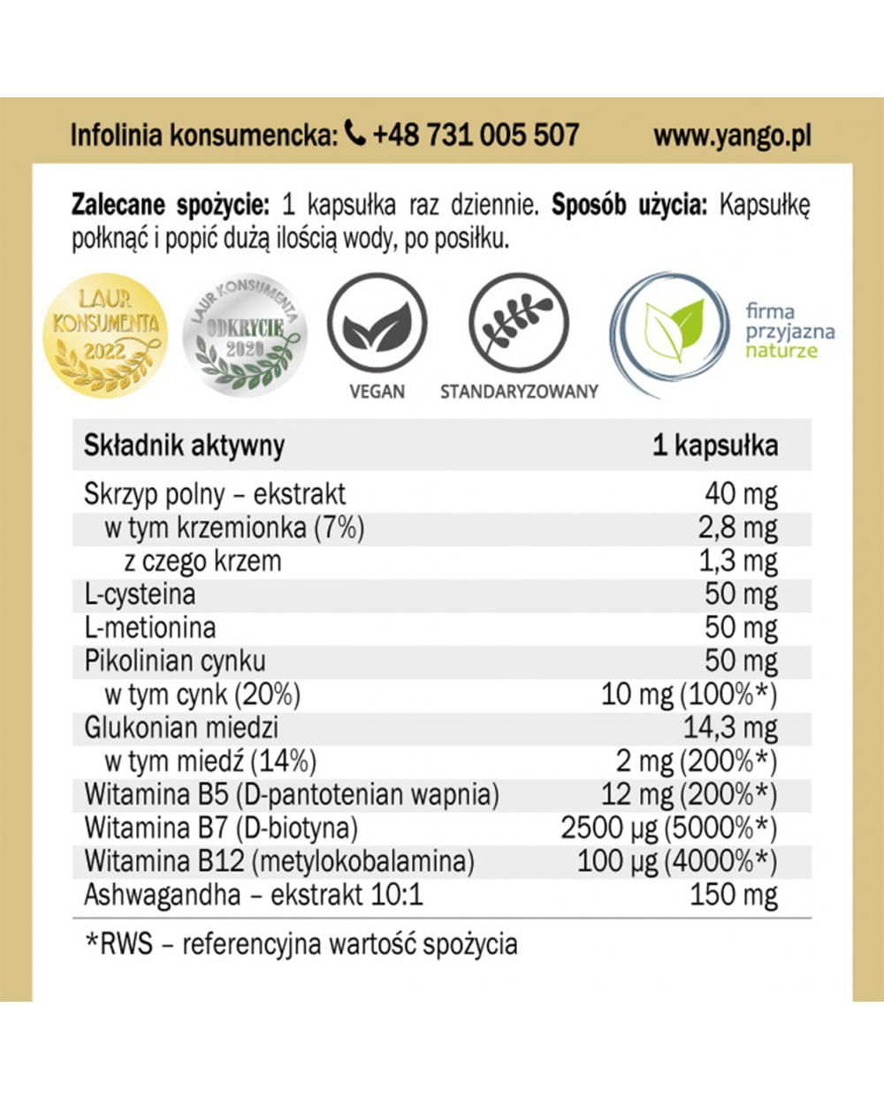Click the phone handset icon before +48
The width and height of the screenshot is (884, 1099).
[354, 134]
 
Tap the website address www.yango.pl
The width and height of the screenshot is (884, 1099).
[732, 135]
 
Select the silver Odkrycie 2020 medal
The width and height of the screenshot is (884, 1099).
[245, 335]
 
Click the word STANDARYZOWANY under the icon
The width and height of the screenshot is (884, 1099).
[519, 391]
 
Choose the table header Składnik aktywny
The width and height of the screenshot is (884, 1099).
[184, 446]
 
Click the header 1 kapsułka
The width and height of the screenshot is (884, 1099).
[715, 446]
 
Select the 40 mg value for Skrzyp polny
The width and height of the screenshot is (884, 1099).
[741, 494]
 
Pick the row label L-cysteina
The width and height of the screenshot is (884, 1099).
[140, 594]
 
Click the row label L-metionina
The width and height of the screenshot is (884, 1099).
[149, 628]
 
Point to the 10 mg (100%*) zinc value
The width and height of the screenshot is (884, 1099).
[689, 695]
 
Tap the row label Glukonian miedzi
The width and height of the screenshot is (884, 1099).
[181, 728]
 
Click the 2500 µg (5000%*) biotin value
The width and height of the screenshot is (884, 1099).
[668, 828]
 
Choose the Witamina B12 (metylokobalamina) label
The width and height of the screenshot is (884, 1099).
[278, 861]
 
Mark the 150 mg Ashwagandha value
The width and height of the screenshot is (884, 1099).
[733, 895]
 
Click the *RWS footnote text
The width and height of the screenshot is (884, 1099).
[301, 944]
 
